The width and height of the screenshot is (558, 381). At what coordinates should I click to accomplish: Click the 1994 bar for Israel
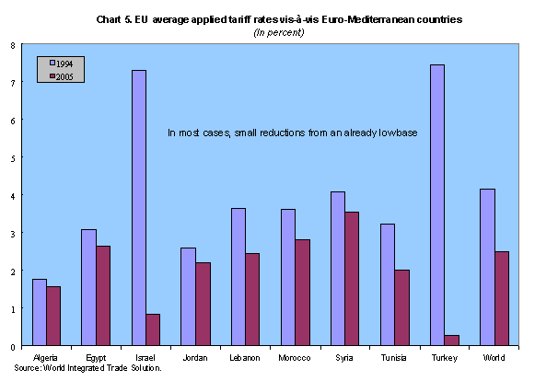point(138,208)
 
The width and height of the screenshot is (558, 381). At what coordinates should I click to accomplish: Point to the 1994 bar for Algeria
point(39,313)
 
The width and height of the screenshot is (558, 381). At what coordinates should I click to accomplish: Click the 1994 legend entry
point(60,63)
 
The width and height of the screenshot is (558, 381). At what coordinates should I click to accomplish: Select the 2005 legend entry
point(60,77)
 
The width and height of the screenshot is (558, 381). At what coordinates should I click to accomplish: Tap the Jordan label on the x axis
point(194,357)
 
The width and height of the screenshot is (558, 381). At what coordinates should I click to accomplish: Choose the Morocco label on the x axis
point(294,357)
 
